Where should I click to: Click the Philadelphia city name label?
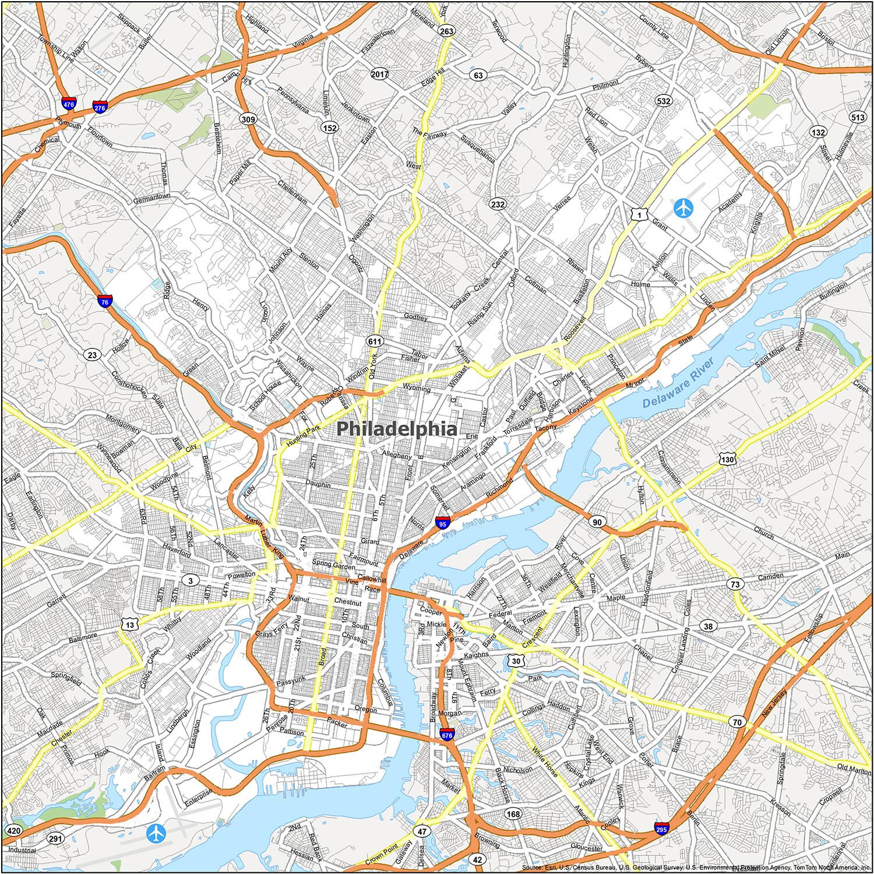pos(397,429)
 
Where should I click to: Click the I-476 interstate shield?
pos(69,104)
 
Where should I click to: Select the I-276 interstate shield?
pos(100,107)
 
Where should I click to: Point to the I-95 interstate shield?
pos(443,522)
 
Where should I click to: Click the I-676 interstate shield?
pos(447,735)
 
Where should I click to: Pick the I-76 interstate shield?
pos(105,301)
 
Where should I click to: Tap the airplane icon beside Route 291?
pos(156,833)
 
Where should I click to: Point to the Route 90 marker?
pos(597,521)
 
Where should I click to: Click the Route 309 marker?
pos(248,119)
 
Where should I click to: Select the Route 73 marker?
pos(736,584)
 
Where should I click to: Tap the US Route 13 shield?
pos(129,625)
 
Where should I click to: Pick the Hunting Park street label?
pos(304,436)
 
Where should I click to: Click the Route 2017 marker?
pos(379,74)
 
